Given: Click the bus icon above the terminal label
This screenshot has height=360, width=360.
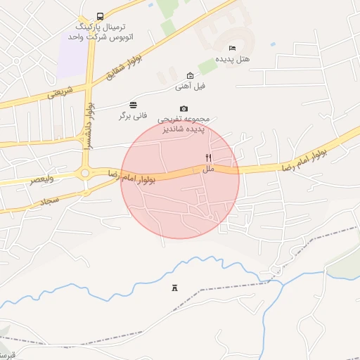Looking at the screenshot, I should coord(100,16).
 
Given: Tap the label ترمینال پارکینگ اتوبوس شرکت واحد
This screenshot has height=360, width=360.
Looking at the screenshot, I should coord(100,30).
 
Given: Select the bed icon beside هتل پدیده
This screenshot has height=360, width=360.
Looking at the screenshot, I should coord(232,48).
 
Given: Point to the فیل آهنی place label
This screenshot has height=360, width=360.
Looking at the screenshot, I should coord(190,86).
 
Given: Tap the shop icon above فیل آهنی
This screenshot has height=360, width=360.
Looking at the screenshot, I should coord(190,75).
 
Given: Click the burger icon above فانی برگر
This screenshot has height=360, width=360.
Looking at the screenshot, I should coord(134,105).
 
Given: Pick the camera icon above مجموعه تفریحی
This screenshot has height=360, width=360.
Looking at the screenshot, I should coord(184,108).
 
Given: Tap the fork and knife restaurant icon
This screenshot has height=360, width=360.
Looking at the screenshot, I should coord(208,158).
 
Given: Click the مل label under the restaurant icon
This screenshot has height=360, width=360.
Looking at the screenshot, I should coord(208,169).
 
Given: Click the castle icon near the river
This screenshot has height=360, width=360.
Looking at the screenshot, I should coord(174,288).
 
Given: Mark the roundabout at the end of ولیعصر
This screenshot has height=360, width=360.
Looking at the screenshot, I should coord(85,173).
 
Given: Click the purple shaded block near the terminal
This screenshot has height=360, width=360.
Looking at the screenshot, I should coord(72,56).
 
